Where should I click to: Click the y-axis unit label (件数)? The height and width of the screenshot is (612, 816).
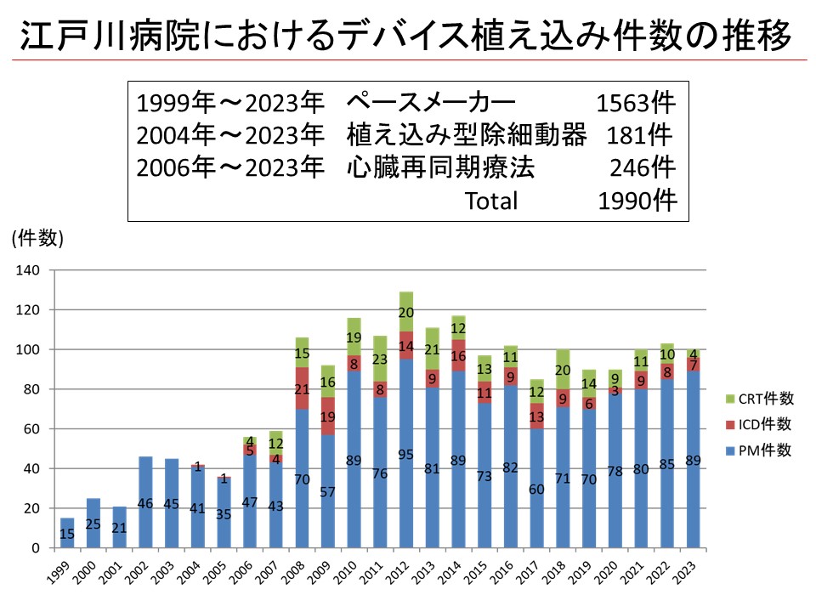tap(38, 239)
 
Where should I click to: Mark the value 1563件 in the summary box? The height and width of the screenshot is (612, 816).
tap(636, 103)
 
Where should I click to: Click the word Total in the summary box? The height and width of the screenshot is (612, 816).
tap(490, 201)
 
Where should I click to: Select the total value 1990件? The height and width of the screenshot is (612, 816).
tap(637, 201)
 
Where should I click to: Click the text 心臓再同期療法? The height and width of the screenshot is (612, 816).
tap(441, 167)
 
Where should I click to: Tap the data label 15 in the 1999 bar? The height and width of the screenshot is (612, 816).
tap(67, 534)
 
